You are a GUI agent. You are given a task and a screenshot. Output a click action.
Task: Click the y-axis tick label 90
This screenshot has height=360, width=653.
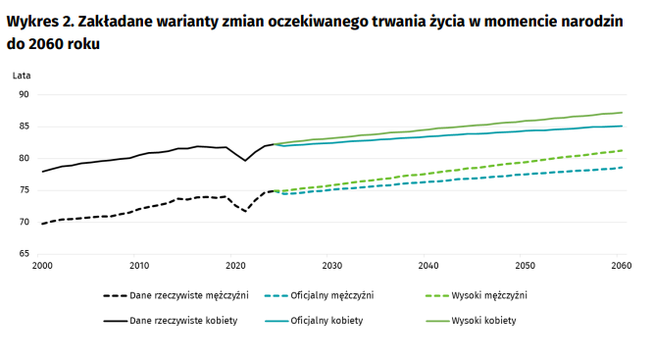click(x=24, y=94)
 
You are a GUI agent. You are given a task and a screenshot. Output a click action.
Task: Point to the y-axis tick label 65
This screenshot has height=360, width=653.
click(x=24, y=254)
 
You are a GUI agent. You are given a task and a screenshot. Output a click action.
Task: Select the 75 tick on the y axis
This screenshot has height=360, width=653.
click(x=24, y=190)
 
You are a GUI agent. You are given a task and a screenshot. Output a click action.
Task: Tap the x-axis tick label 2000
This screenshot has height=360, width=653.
click(x=42, y=266)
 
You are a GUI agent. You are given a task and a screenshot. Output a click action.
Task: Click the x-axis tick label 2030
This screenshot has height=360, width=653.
click(x=331, y=266)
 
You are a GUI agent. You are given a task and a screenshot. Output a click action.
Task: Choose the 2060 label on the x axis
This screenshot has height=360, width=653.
click(x=621, y=266)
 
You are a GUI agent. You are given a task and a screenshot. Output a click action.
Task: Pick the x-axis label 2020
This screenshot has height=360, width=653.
click(x=235, y=266)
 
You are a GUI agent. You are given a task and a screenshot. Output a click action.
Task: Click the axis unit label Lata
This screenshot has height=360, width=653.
click(x=22, y=76)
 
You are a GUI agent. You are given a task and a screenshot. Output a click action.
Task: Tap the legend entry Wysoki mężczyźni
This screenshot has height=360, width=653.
click(x=489, y=295)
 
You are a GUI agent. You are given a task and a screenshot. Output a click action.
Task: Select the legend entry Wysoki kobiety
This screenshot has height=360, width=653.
click(x=483, y=321)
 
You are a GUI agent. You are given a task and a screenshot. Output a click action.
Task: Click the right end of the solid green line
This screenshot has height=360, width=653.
click(x=623, y=112)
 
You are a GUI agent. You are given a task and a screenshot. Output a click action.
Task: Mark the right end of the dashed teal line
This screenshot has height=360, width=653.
click(x=623, y=168)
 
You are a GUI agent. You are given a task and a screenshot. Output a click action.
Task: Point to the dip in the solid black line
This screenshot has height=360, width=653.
click(x=245, y=160)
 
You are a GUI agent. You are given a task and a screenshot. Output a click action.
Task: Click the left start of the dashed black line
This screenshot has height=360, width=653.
click(x=43, y=224)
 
